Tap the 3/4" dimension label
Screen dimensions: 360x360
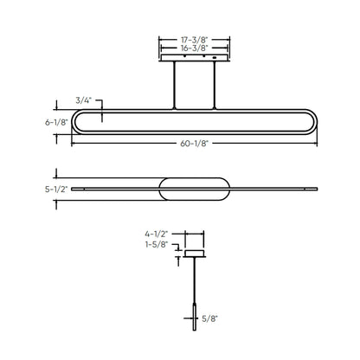tap(85, 101)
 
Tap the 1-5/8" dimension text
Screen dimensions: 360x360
tap(157, 245)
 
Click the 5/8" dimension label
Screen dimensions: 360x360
tap(209, 319)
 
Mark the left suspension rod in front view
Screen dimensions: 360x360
tap(175, 85)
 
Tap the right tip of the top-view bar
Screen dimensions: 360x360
tap(314, 187)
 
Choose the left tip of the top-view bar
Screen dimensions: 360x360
tap(73, 187)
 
